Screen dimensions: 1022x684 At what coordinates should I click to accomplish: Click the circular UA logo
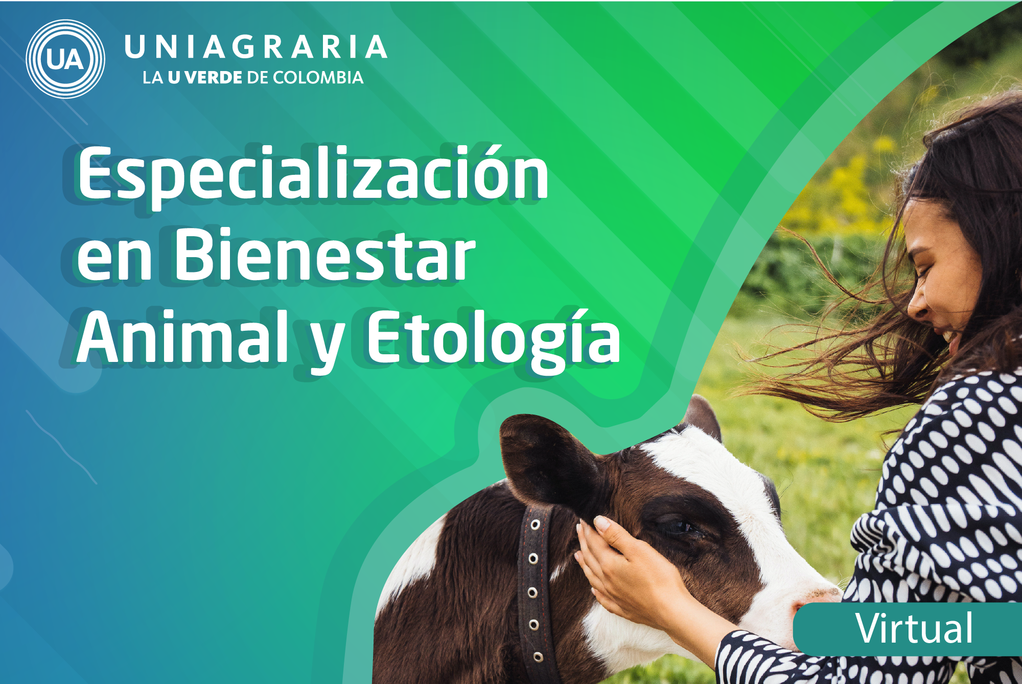click(65, 59)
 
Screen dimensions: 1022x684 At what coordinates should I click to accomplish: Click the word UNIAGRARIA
click(255, 47)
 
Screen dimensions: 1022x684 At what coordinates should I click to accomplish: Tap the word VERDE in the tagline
click(214, 78)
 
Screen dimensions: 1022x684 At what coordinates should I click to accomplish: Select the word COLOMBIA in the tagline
click(318, 78)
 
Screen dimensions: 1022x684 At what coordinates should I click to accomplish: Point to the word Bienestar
click(325, 255)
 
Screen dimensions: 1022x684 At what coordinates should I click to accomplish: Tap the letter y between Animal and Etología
click(327, 347)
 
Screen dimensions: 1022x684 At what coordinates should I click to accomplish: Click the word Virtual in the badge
click(914, 628)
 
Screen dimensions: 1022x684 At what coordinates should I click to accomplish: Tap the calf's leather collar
click(534, 593)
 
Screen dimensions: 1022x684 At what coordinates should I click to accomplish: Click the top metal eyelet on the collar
click(535, 525)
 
